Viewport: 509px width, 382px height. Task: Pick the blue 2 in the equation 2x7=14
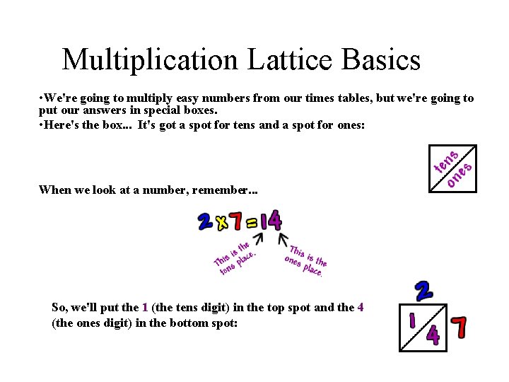tap(205, 222)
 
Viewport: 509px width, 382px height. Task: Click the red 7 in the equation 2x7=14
tap(237, 222)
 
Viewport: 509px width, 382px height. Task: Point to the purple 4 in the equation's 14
tap(274, 221)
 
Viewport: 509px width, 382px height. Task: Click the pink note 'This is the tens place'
tap(234, 258)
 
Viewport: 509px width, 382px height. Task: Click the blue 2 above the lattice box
tap(422, 291)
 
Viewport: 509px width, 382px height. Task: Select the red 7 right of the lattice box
tap(460, 328)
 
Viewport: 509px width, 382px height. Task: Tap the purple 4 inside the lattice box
tap(433, 335)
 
